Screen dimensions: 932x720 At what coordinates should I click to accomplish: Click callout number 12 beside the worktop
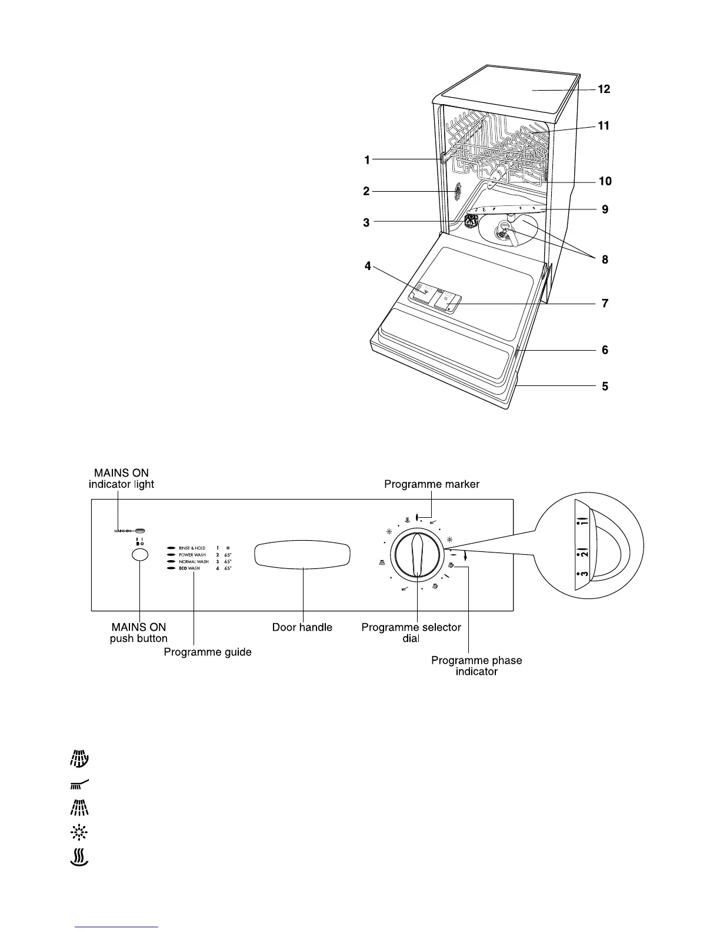click(x=604, y=89)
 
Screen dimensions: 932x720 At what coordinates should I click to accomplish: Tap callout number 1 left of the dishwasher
click(x=366, y=159)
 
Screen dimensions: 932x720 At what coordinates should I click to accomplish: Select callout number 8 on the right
click(x=605, y=259)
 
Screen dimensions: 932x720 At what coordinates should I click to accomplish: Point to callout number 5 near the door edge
click(x=605, y=387)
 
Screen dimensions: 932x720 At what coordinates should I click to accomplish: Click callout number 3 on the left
click(x=366, y=222)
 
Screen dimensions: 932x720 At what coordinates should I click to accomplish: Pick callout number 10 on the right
click(x=605, y=181)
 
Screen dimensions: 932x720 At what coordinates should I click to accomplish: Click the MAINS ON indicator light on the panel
click(x=141, y=530)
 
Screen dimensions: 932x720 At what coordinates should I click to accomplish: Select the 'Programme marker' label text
click(x=432, y=484)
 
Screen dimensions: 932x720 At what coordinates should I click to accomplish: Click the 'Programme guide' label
click(x=208, y=652)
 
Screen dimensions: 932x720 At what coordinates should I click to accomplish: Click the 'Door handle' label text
click(x=302, y=627)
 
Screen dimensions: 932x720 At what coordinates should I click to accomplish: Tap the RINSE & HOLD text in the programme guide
click(x=192, y=548)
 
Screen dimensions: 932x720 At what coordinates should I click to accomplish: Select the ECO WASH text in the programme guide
click(x=189, y=568)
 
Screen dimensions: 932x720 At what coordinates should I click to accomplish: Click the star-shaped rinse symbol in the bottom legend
click(x=79, y=832)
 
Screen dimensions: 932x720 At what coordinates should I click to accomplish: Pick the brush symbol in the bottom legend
click(x=79, y=783)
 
